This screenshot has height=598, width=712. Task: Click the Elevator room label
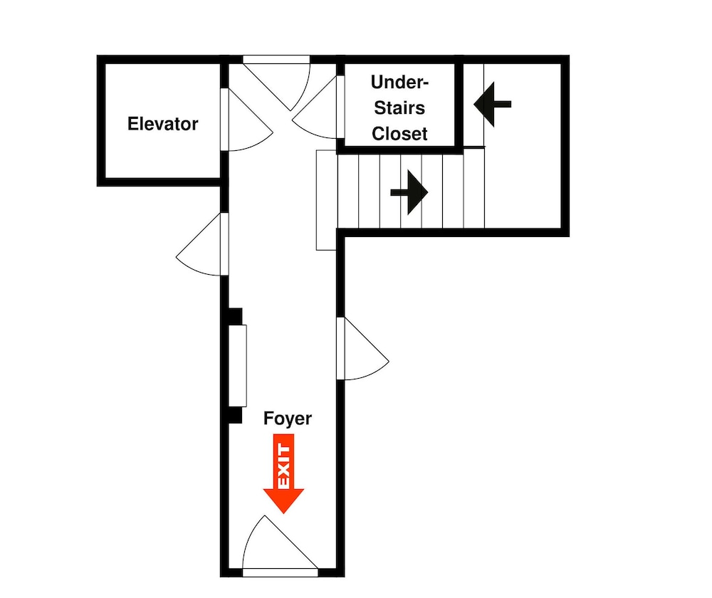(x=162, y=124)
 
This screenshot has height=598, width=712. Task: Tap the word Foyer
(x=288, y=419)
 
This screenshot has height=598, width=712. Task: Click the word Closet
(x=399, y=134)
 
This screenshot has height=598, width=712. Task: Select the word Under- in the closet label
(x=399, y=82)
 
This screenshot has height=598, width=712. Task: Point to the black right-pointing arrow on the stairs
(x=409, y=192)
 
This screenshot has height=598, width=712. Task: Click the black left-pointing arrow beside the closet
(x=492, y=105)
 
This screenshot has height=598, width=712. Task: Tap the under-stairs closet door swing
(x=316, y=108)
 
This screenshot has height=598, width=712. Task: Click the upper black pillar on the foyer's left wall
(x=234, y=317)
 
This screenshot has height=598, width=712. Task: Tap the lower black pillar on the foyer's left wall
(x=234, y=416)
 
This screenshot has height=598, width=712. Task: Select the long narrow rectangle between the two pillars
(x=237, y=366)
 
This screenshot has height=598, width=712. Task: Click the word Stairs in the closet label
(x=399, y=108)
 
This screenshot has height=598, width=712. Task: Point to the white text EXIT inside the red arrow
(x=283, y=466)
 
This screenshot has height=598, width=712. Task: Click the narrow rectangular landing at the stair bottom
(x=327, y=200)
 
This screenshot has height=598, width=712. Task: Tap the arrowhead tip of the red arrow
(x=284, y=513)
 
